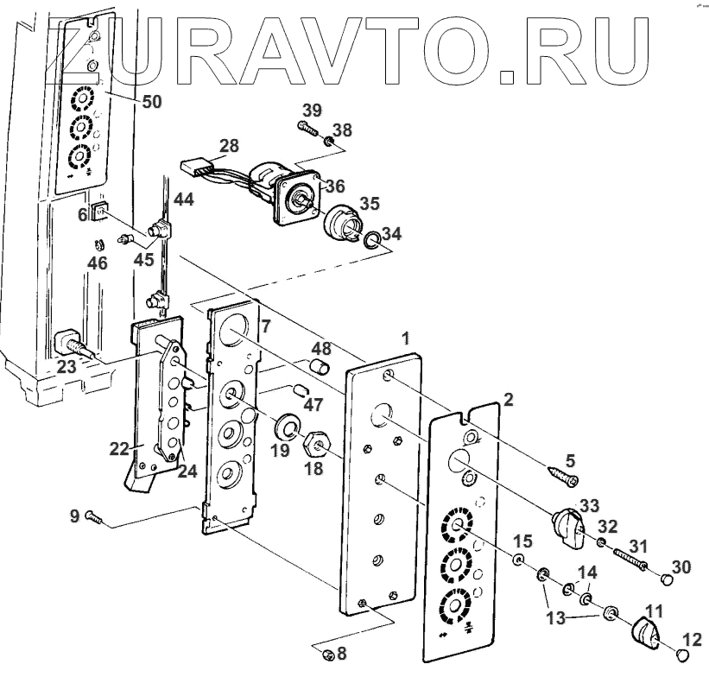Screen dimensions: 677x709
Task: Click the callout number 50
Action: [151, 102]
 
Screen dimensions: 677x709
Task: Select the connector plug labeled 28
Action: [193, 165]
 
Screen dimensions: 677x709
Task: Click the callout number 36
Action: [334, 185]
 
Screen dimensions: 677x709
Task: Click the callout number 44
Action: [183, 199]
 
